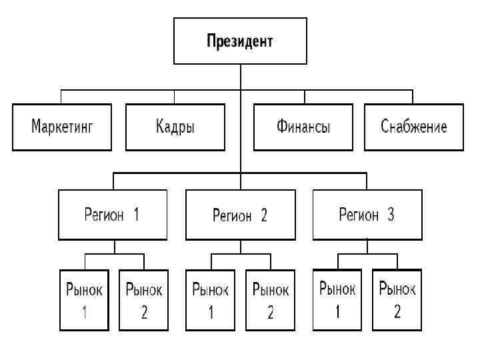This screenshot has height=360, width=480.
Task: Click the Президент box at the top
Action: [240, 41]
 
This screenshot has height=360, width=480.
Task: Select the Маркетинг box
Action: [62, 127]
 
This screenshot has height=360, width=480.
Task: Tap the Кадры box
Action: [175, 127]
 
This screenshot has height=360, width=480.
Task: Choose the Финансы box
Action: [303, 127]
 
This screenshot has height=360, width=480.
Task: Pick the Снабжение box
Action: [413, 127]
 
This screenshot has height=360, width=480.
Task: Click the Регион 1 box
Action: [111, 215]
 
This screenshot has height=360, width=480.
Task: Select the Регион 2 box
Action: [240, 215]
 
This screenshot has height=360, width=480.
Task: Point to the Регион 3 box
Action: [367, 215]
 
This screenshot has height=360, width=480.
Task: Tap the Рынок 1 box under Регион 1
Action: [84, 300]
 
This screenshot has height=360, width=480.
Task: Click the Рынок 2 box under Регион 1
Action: [144, 300]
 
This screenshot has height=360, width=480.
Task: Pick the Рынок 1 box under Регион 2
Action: [211, 300]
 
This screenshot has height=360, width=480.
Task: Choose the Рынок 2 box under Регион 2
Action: [271, 300]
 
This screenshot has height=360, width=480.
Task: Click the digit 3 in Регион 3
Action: [391, 215]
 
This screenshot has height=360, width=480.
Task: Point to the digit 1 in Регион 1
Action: [136, 215]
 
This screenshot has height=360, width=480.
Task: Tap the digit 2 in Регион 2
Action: [264, 215]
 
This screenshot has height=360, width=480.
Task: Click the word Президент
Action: [240, 41]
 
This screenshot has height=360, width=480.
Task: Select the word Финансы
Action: [303, 127]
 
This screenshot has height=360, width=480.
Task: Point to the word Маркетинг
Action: [62, 127]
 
